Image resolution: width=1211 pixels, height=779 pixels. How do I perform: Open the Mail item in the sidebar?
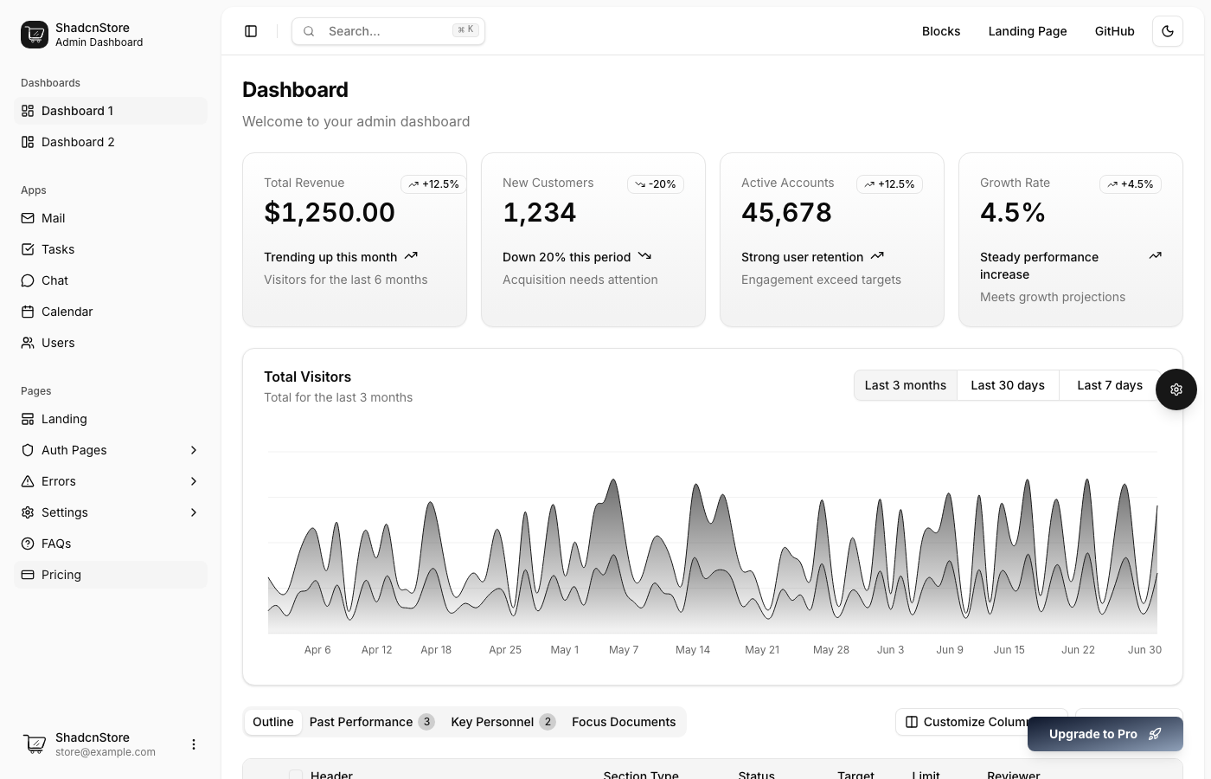click(x=53, y=218)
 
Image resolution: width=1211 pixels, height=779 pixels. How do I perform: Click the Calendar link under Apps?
click(x=67, y=312)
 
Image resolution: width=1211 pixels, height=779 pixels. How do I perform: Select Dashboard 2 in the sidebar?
click(x=78, y=142)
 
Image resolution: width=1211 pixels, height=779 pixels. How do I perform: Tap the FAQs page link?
click(x=56, y=544)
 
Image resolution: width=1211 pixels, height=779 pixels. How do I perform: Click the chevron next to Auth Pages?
click(x=194, y=450)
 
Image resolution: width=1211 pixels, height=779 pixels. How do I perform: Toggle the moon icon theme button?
click(x=1167, y=31)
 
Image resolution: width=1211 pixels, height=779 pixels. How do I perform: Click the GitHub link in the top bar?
click(x=1114, y=31)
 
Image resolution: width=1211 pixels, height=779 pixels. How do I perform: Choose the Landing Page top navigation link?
click(x=1027, y=31)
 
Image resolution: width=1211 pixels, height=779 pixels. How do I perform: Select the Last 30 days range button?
click(x=1007, y=385)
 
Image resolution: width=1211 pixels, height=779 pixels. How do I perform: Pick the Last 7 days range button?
click(x=1109, y=385)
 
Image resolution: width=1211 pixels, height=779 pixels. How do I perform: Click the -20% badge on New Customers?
click(x=655, y=184)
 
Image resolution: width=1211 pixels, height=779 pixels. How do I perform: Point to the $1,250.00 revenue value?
click(x=330, y=212)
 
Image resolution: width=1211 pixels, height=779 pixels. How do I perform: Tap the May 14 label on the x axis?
click(x=692, y=650)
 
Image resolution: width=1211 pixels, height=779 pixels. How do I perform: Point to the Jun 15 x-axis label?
click(x=1009, y=650)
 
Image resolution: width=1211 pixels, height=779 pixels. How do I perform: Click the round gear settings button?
click(x=1176, y=389)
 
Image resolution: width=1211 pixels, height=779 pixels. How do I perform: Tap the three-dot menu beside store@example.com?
click(x=194, y=744)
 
